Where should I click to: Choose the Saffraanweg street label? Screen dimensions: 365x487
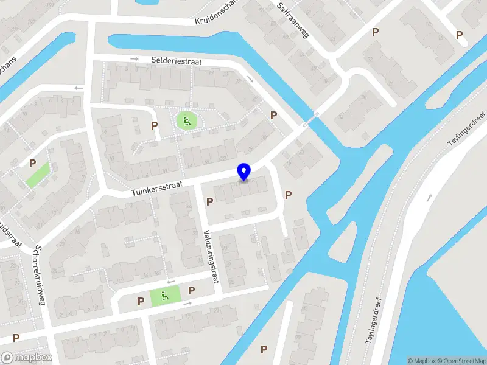click(x=293, y=19)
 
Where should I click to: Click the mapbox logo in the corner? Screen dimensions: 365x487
click(x=25, y=357)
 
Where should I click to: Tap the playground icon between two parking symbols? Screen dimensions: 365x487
click(x=166, y=296)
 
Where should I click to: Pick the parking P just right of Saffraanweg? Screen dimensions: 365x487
click(x=375, y=32)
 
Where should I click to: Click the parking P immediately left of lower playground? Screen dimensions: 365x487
click(x=141, y=301)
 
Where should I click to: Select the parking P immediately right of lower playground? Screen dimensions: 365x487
click(x=191, y=291)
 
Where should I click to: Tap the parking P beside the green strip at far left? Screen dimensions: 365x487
click(x=32, y=164)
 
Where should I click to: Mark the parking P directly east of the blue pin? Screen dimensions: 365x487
click(x=288, y=195)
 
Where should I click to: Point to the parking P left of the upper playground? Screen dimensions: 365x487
click(x=155, y=125)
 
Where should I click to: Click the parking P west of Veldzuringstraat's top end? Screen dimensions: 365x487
click(x=210, y=201)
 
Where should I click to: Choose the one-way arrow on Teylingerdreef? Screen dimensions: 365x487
click(x=430, y=198)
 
